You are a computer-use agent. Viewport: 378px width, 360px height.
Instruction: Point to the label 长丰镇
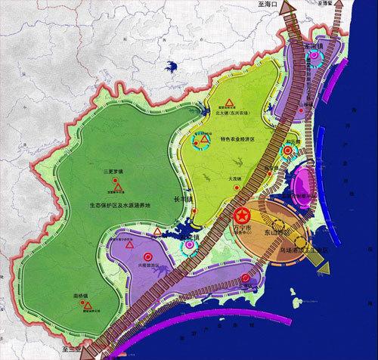tap(185, 200)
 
